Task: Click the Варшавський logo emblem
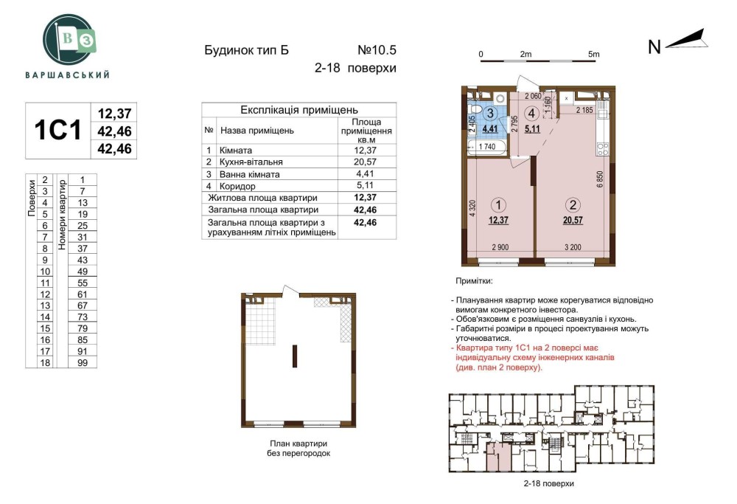(68, 40)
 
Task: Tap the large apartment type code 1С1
(57, 131)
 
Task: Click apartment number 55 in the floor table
(83, 283)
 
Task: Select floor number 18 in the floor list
(45, 363)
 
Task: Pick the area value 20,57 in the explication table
(366, 162)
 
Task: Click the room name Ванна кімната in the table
(250, 174)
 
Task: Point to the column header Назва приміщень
(257, 131)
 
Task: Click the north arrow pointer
(687, 40)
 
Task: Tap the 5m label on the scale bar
(593, 54)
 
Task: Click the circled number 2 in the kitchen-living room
(573, 204)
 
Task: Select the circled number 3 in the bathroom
(490, 113)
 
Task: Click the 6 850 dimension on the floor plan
(600, 179)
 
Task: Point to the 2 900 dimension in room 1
(500, 247)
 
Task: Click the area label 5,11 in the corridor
(532, 128)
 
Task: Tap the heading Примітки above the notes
(474, 281)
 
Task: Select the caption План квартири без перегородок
(298, 449)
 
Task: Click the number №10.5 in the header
(377, 50)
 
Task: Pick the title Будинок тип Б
(246, 50)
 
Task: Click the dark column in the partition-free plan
(295, 356)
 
